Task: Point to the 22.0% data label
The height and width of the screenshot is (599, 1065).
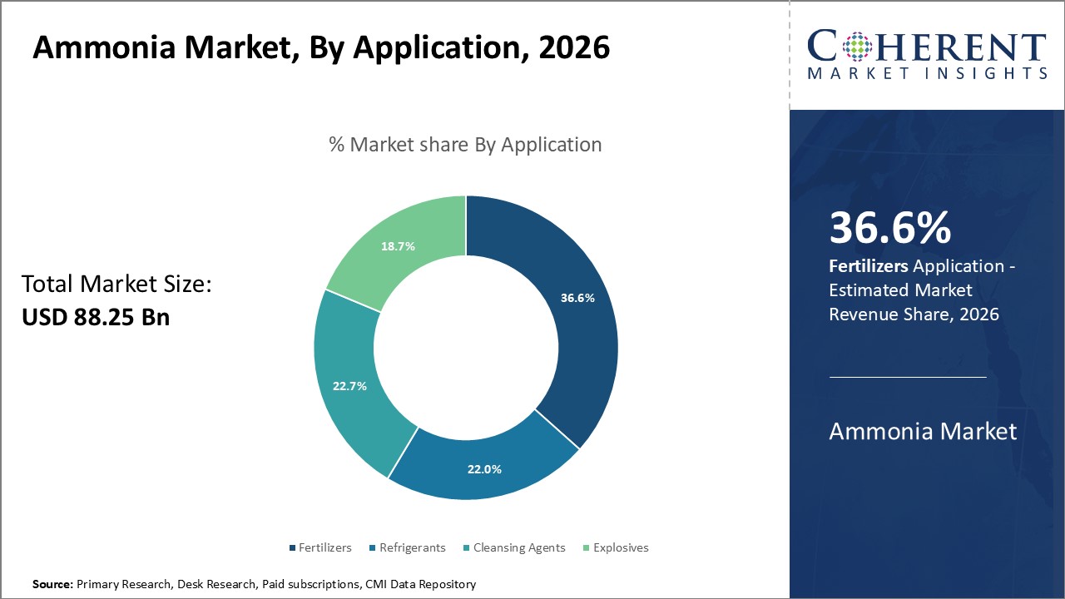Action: pos(484,469)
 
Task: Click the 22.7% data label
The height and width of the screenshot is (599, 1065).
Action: pos(349,386)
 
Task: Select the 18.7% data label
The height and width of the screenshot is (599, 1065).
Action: pos(398,246)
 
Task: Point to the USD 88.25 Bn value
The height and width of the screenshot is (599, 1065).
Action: pos(95,317)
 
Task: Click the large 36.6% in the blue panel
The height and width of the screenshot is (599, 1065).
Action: pos(889,229)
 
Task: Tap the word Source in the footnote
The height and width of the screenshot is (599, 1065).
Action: pos(52,585)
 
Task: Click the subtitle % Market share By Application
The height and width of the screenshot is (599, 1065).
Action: pos(465,144)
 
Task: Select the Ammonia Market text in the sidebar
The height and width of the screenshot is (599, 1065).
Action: pos(922,431)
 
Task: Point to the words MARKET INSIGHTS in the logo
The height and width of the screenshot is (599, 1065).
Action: pos(927,73)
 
